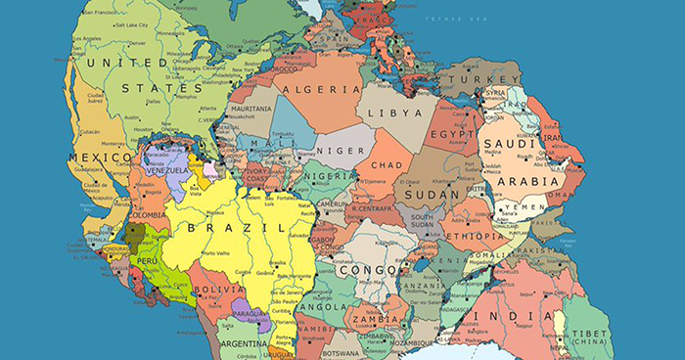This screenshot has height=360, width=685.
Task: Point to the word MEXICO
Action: coord(100,157)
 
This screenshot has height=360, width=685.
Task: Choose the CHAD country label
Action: coord(388,165)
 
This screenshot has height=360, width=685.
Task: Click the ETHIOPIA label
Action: coord(475,236)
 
